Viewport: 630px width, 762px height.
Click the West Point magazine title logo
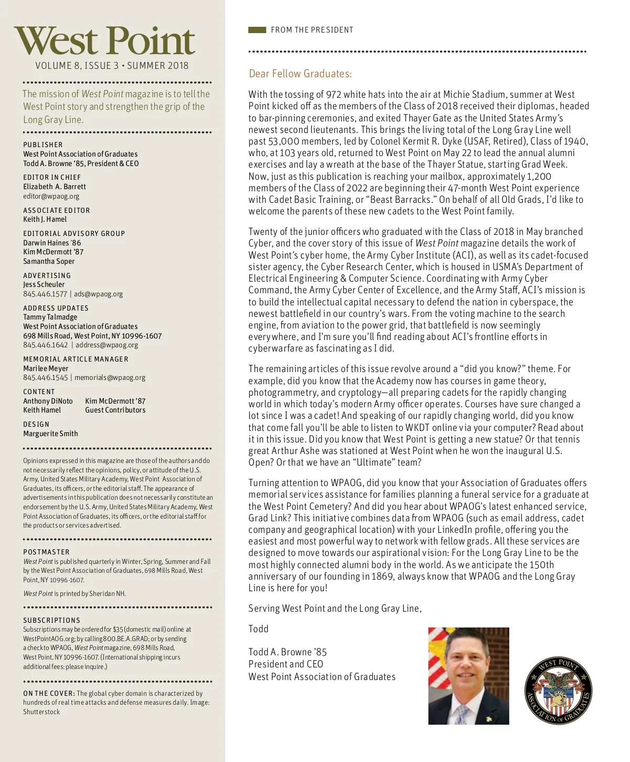click(104, 41)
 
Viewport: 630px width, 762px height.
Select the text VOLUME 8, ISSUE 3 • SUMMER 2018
click(112, 66)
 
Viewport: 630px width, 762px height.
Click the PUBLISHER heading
click(43, 145)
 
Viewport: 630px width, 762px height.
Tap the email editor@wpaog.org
click(51, 196)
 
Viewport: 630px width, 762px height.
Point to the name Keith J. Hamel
click(45, 219)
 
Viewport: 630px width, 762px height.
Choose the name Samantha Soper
click(49, 261)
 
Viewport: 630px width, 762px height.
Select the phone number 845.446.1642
click(45, 345)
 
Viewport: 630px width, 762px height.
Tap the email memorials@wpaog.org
click(110, 377)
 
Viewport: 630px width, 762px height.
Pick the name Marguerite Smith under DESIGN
click(50, 434)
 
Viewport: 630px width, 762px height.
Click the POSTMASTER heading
click(46, 552)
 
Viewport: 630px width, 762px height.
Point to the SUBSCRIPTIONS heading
click(51, 620)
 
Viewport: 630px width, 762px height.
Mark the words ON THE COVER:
click(49, 693)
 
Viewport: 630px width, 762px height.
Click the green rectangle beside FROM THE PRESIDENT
click(257, 30)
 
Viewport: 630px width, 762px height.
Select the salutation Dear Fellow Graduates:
click(300, 74)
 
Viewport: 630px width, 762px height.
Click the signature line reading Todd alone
click(258, 629)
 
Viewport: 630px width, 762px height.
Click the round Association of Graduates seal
click(559, 690)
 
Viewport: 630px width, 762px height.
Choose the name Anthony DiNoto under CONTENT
click(48, 401)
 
